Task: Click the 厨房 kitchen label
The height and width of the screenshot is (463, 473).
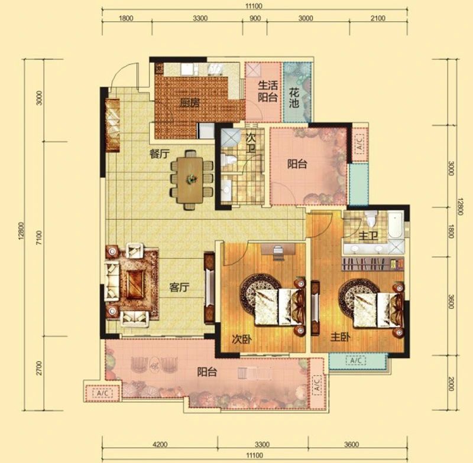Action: [189, 103]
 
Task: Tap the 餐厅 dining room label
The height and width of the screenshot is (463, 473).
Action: [158, 154]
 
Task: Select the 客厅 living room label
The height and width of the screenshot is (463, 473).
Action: [179, 287]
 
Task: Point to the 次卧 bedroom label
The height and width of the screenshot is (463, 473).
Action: [242, 339]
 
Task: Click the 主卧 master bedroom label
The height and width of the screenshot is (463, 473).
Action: [341, 337]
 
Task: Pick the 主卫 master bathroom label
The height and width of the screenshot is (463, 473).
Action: [368, 236]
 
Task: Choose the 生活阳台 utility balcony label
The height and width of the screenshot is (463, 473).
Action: [268, 92]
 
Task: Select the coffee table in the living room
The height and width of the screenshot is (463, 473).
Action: [135, 284]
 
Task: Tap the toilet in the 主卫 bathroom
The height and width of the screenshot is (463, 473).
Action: [371, 219]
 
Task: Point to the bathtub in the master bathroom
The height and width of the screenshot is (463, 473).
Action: [396, 225]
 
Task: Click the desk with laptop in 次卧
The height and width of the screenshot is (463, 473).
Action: [278, 250]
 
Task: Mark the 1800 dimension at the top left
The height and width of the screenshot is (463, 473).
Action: [126, 18]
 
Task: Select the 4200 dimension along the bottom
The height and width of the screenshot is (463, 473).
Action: [160, 444]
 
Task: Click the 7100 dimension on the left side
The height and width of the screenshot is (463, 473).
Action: [40, 237]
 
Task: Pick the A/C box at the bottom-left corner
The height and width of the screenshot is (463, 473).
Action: [105, 393]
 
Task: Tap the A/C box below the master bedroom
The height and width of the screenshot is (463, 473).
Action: [358, 360]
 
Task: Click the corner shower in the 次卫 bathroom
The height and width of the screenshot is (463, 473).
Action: [231, 137]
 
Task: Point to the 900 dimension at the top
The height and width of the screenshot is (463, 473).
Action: [255, 18]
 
